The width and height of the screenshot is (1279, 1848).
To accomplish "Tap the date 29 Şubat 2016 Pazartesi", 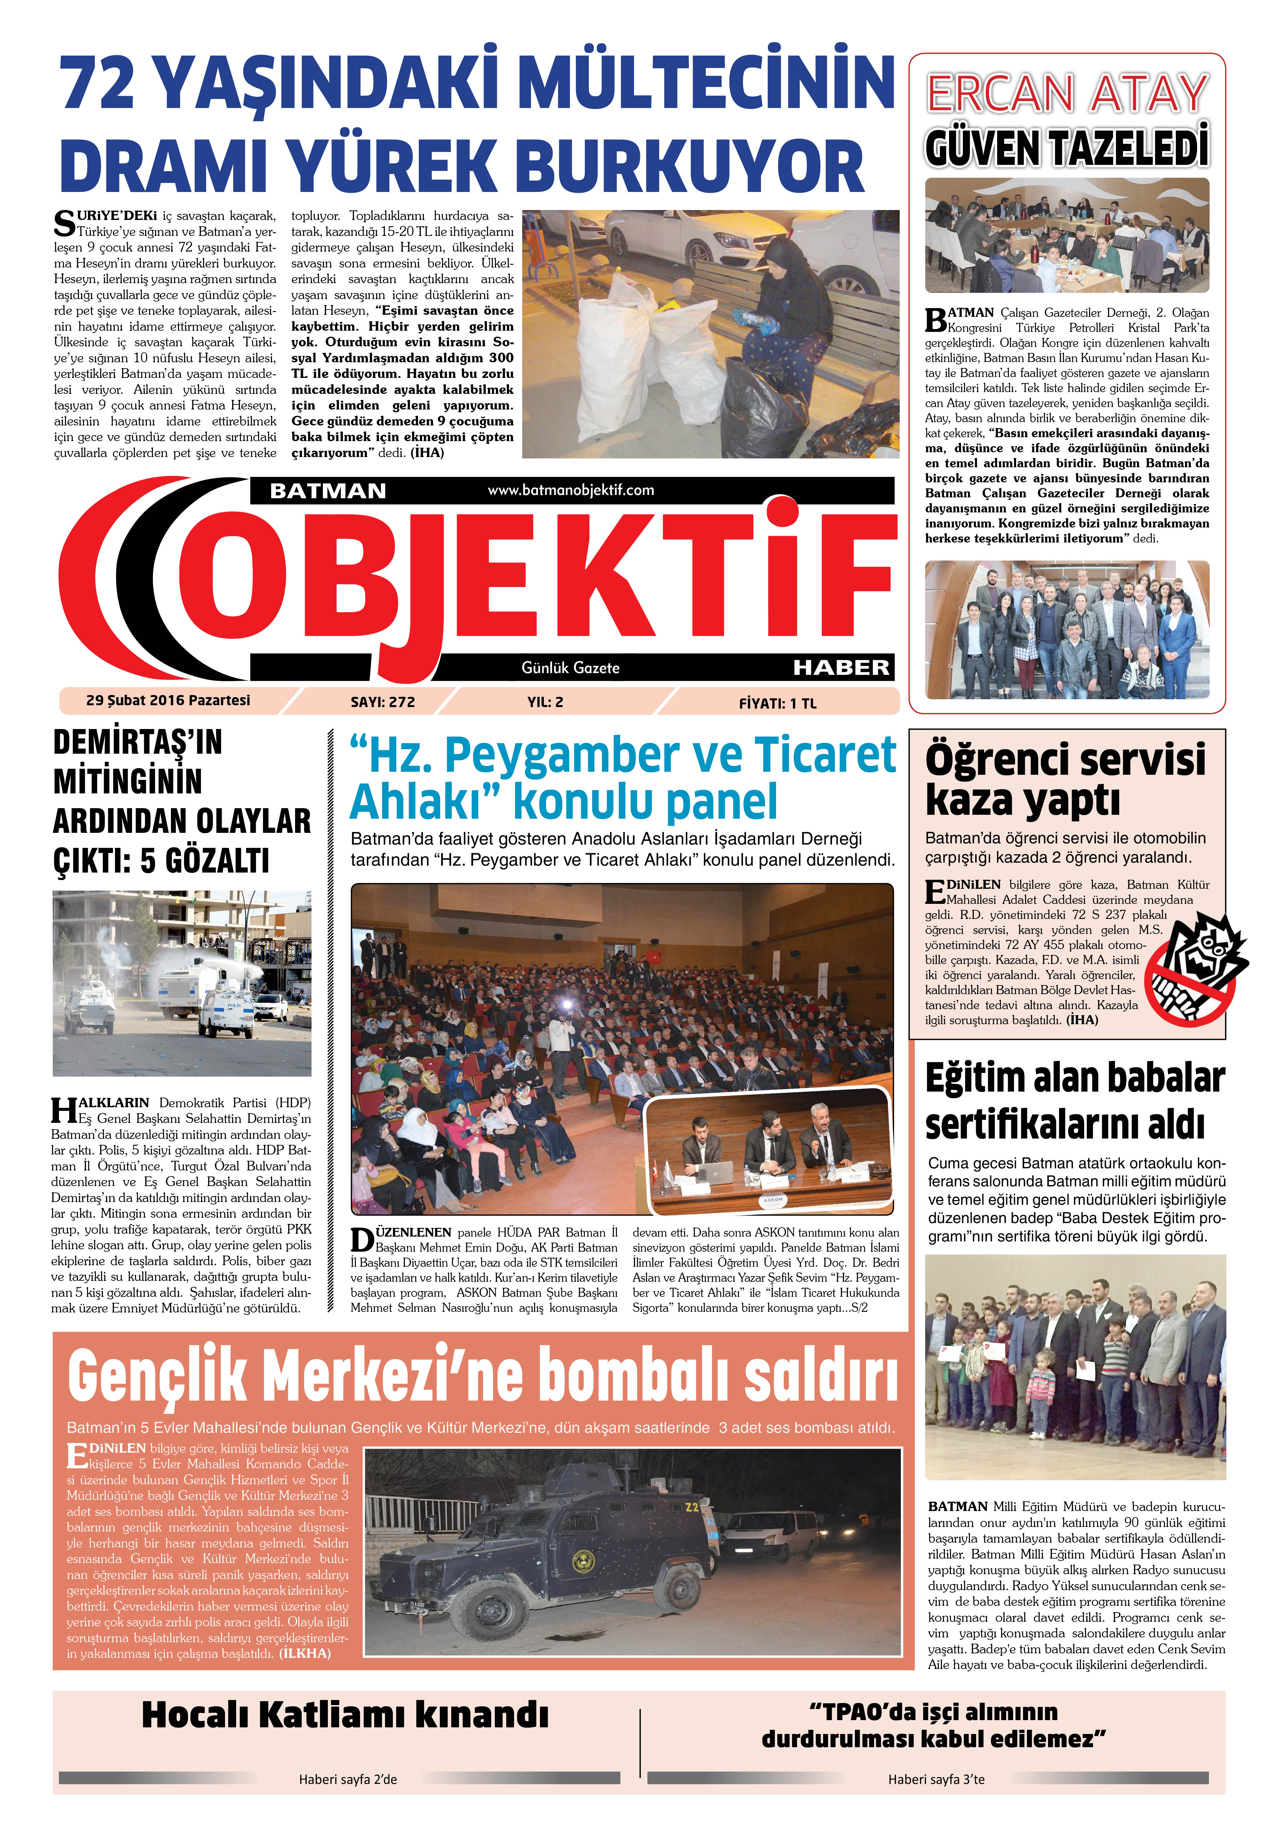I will (x=168, y=700).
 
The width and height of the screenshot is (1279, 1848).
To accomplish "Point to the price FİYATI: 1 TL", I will (x=777, y=704).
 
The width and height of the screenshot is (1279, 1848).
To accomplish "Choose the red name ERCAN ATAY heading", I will (x=1068, y=94).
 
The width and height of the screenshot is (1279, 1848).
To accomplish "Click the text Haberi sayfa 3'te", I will (x=936, y=1779).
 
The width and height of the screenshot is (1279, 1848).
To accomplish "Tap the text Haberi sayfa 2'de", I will (x=348, y=1779).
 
